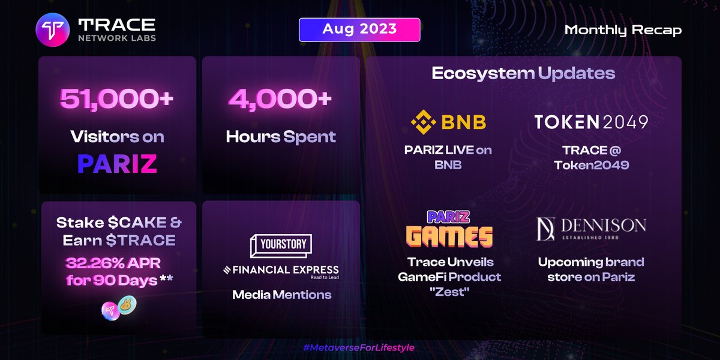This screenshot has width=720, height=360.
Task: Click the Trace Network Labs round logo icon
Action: (x=53, y=30)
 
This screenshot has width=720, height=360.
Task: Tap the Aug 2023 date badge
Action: (x=359, y=29)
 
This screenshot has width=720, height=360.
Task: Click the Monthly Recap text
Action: (x=623, y=30)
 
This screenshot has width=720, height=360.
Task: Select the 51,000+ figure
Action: (x=116, y=98)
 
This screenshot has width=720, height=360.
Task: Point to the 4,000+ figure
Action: (x=280, y=98)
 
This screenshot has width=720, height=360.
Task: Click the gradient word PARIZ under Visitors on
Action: (x=118, y=164)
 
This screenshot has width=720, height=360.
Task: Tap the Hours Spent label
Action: (x=281, y=136)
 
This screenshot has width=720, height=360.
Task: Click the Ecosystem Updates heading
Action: (x=523, y=73)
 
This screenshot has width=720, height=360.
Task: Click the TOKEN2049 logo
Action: (x=591, y=122)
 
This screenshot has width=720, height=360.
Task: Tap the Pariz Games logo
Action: (x=449, y=229)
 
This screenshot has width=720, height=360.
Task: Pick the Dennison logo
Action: (x=591, y=227)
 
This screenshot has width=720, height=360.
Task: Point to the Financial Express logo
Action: (x=281, y=271)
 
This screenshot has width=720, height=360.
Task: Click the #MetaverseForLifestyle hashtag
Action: (x=359, y=347)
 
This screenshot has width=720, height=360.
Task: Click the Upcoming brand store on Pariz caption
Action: (x=591, y=269)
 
